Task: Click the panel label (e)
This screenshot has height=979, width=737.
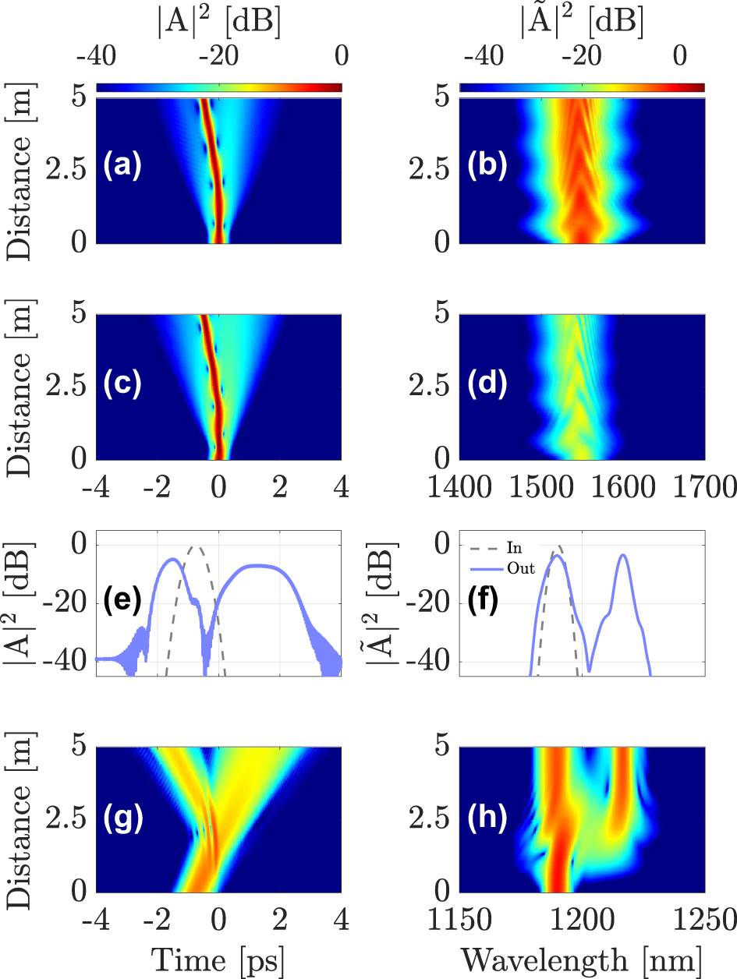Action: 123,601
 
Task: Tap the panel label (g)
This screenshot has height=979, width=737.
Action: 123,818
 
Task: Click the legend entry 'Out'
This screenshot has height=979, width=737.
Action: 521,568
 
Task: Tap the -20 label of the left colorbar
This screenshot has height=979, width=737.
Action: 218,58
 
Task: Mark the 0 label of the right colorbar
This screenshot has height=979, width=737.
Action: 679,58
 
